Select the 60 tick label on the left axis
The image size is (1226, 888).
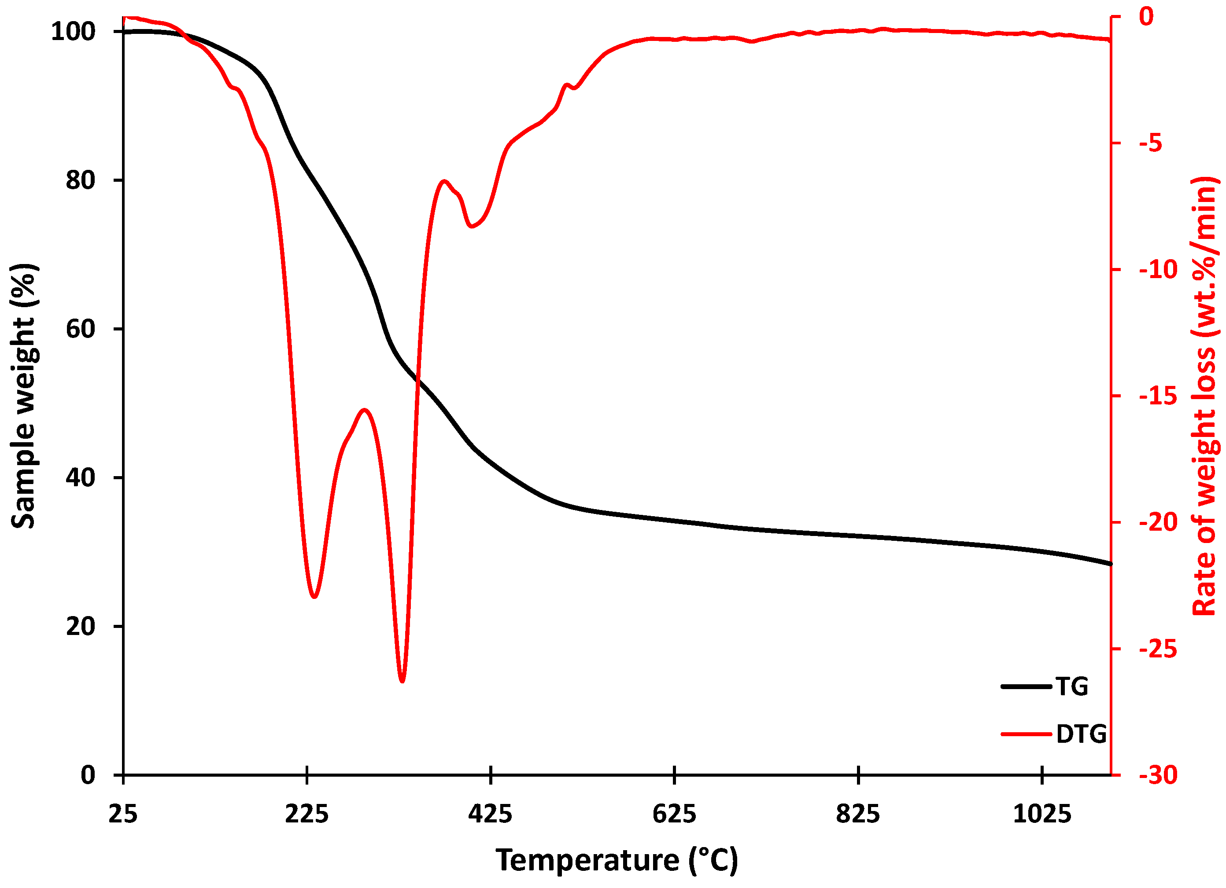(x=80, y=329)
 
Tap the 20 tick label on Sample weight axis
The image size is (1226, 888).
(x=80, y=627)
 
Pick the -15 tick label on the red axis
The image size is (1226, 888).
(x=1158, y=396)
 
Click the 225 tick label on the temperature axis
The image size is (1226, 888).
(x=306, y=814)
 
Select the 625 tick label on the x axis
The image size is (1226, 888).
(x=674, y=814)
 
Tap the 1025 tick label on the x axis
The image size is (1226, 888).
(x=1041, y=814)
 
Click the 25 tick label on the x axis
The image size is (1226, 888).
(x=123, y=814)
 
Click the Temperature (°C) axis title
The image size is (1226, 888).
(x=616, y=860)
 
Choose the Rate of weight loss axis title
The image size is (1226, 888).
(x=1204, y=396)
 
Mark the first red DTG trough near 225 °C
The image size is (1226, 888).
(x=314, y=597)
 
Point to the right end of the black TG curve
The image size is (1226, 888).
(x=1110, y=564)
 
